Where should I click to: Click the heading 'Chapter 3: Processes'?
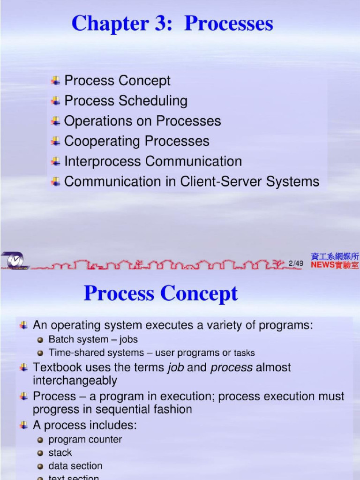pyautogui.click(x=172, y=24)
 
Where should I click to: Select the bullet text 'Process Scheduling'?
pyautogui.click(x=126, y=101)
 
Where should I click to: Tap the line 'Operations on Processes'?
pyautogui.click(x=142, y=121)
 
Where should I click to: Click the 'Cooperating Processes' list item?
pyautogui.click(x=136, y=141)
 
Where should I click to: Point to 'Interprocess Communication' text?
pyautogui.click(x=153, y=161)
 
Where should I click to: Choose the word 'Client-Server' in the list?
pyautogui.click(x=213, y=181)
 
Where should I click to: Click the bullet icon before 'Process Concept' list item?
pyautogui.click(x=56, y=81)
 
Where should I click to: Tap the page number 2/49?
pyautogui.click(x=296, y=263)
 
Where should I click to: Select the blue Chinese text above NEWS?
pyautogui.click(x=335, y=256)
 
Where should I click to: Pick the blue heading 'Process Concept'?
pyautogui.click(x=161, y=294)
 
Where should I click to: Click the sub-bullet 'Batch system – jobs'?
pyautogui.click(x=93, y=339)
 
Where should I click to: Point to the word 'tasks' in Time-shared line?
pyautogui.click(x=244, y=353)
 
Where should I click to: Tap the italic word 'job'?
pyautogui.click(x=176, y=367)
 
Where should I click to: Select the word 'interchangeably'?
pyautogui.click(x=75, y=380)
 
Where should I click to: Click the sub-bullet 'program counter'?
pyautogui.click(x=85, y=440)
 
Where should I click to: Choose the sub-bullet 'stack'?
pyautogui.click(x=60, y=453)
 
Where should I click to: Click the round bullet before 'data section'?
pyautogui.click(x=40, y=466)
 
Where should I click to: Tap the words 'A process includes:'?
pyautogui.click(x=84, y=426)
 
